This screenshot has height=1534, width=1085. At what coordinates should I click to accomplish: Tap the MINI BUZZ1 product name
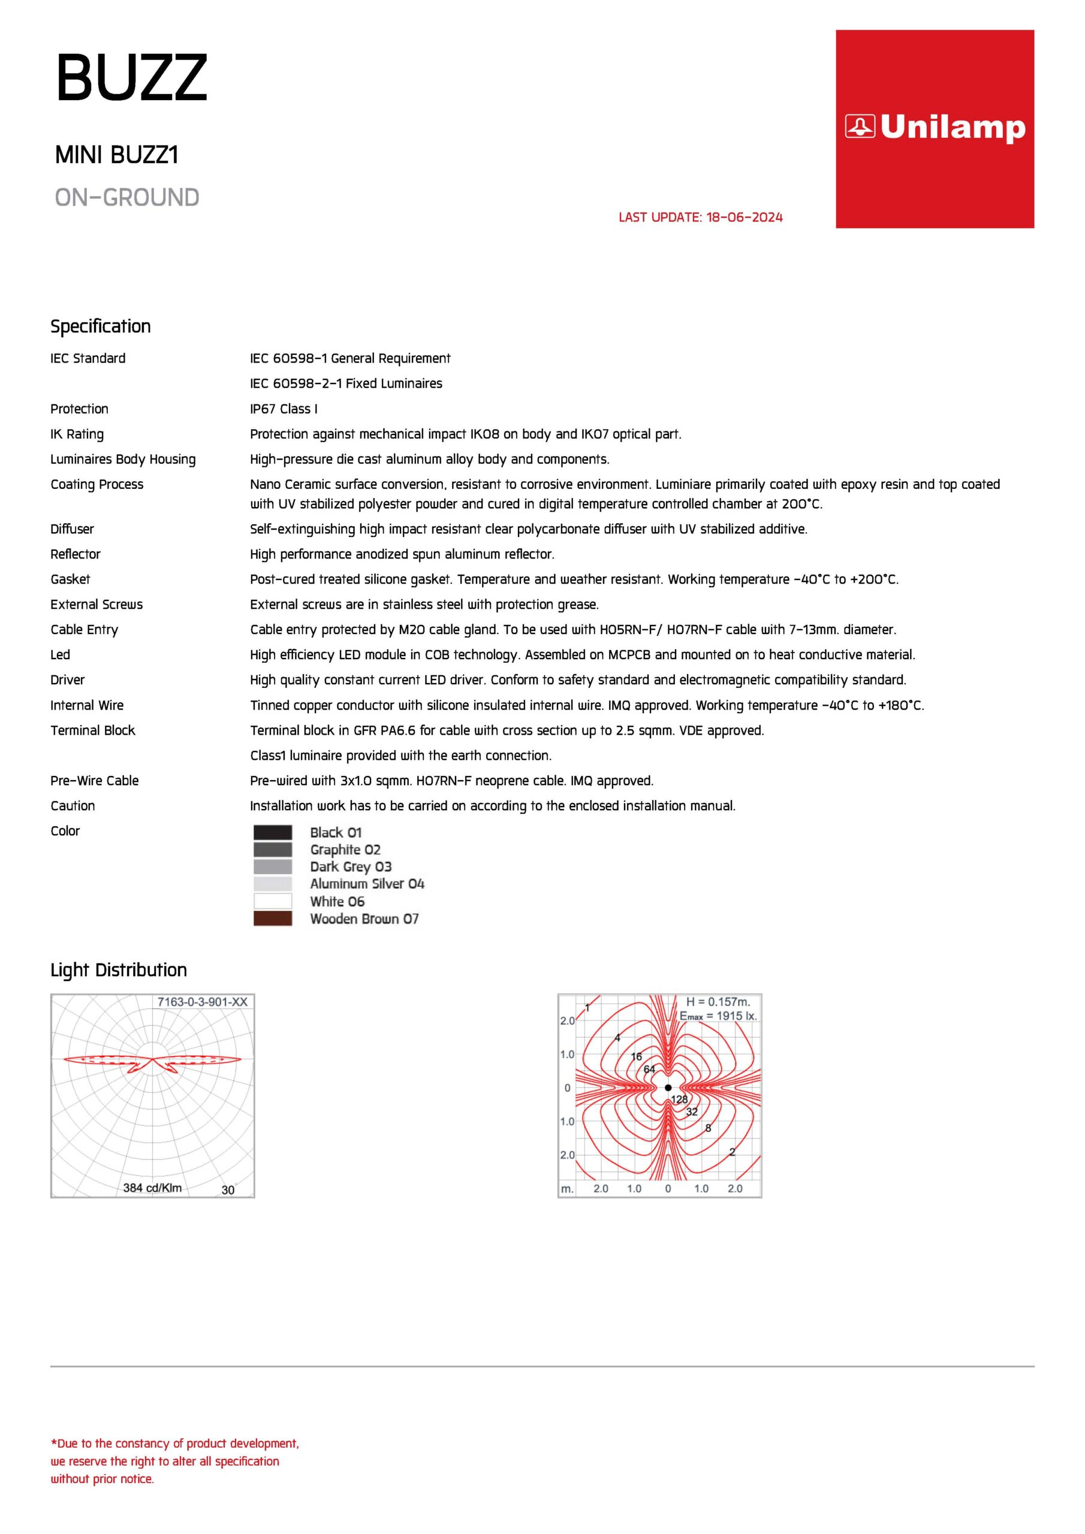117,155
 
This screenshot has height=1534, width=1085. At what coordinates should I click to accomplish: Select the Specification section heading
101,326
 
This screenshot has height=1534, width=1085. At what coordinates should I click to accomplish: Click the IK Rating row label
77,434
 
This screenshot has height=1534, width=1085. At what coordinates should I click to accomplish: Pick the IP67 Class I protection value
284,409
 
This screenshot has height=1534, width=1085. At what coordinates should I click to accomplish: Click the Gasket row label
70,579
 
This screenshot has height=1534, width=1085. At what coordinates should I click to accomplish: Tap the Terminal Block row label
93,730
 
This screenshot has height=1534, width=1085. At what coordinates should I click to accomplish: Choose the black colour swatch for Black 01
273,832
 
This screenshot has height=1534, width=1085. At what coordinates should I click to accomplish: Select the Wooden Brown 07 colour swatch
273,919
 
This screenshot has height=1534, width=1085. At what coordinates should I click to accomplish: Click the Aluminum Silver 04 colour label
367,884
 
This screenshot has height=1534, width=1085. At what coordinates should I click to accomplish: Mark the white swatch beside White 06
273,901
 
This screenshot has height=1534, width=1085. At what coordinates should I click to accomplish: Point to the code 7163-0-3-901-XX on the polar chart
202,1002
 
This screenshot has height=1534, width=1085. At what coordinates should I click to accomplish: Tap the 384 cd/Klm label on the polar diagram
152,1188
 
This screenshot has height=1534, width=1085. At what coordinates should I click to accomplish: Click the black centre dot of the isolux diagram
668,1088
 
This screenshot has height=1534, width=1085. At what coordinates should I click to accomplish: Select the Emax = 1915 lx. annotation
718,1016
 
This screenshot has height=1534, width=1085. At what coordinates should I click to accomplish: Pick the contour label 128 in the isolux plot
679,1100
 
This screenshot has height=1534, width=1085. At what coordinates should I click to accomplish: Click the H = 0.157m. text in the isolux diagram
718,1002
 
